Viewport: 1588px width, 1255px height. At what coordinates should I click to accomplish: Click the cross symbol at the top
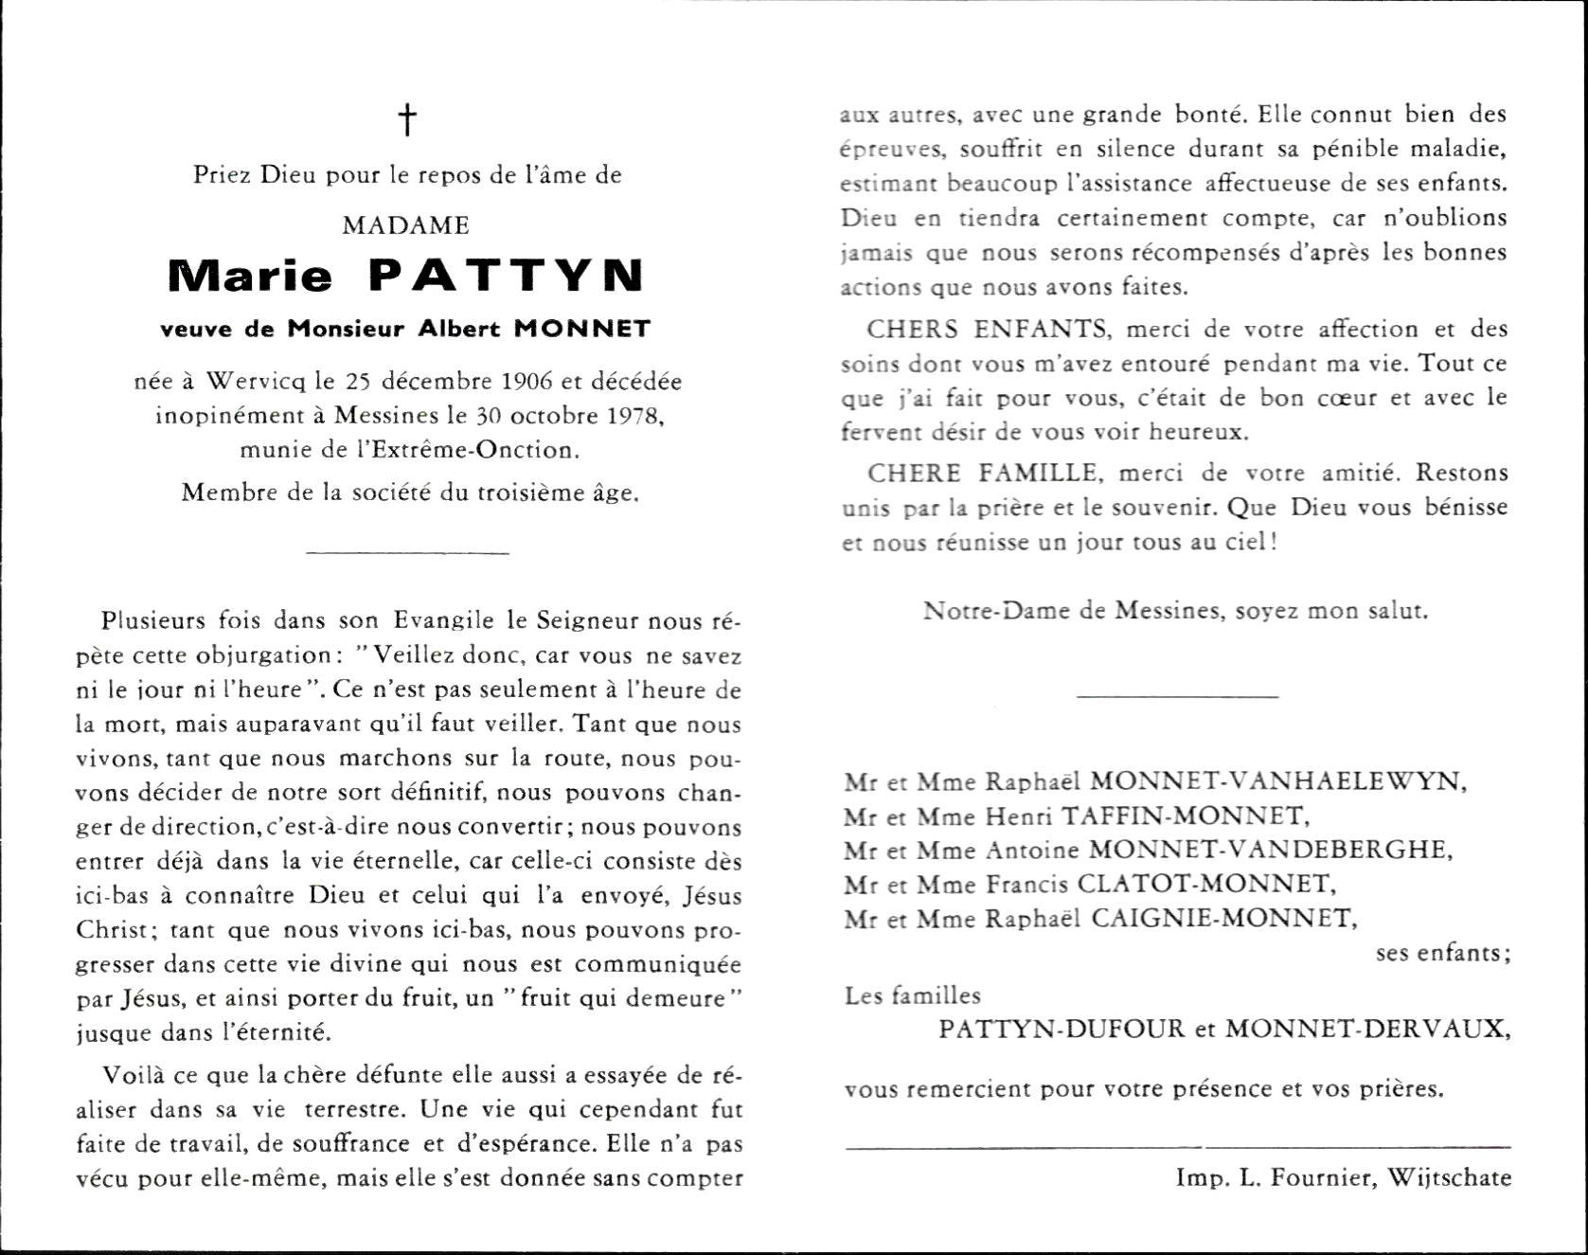[x=407, y=120]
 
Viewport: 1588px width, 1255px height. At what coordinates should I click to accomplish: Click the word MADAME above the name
[x=406, y=225]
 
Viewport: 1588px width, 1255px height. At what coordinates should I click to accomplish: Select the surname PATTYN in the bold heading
[x=506, y=276]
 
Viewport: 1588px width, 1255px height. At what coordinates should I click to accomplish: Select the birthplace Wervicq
[x=256, y=381]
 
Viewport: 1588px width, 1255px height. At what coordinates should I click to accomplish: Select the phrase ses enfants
[x=1442, y=953]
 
